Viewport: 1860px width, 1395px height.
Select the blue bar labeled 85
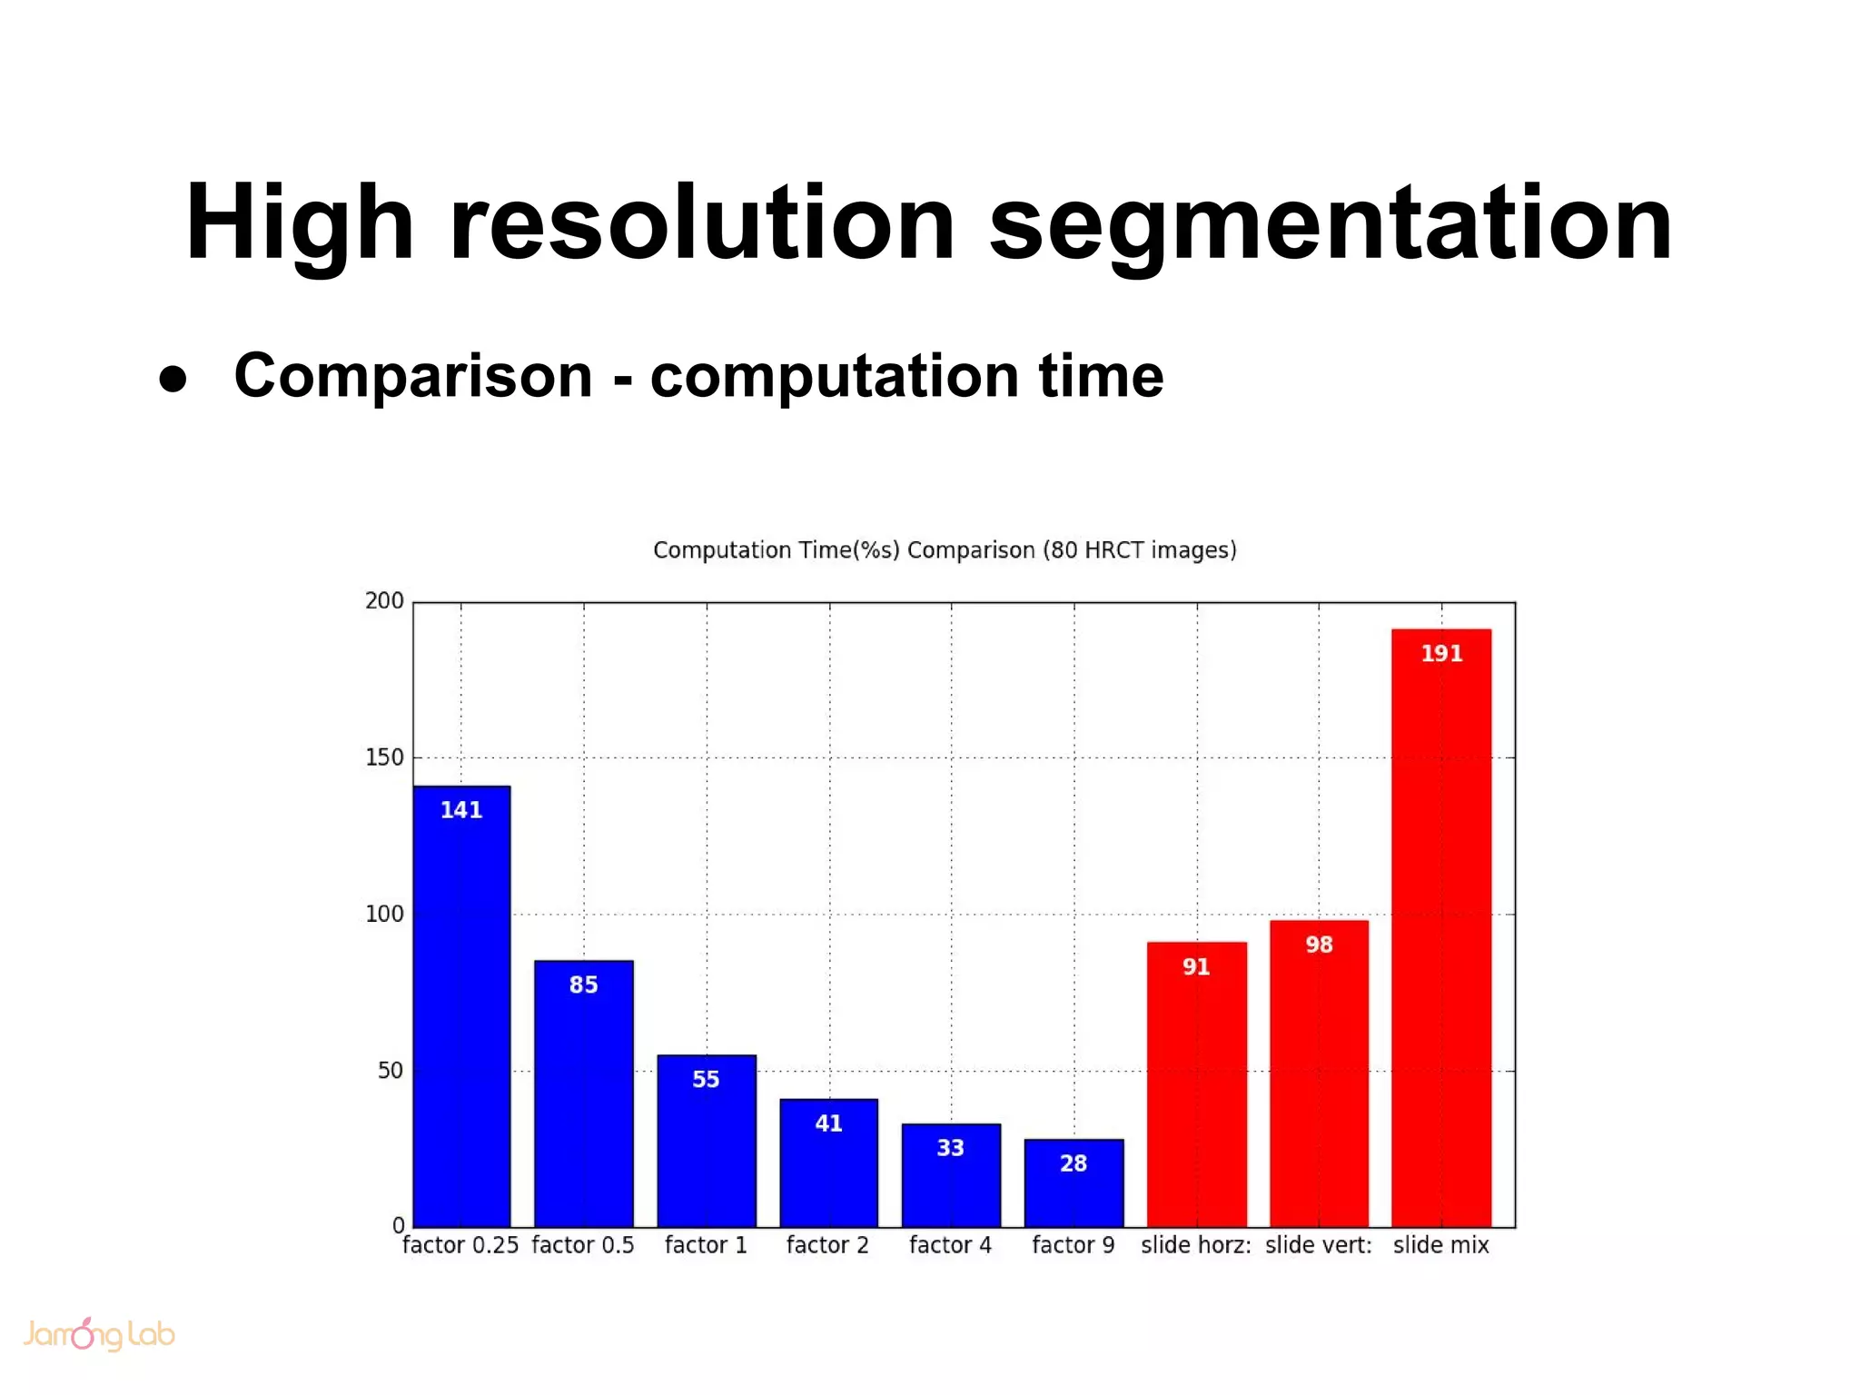pos(583,1099)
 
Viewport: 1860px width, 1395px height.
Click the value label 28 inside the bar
pos(1073,1163)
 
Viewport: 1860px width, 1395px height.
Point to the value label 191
pos(1441,654)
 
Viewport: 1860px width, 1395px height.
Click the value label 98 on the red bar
pos(1319,945)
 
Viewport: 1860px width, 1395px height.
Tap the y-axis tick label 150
pos(384,757)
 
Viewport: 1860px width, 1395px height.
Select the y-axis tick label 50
pos(391,1071)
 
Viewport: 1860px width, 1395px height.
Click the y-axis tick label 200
pos(384,600)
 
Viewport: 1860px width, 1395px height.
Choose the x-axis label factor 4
pos(950,1245)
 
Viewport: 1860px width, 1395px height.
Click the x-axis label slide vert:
pos(1319,1245)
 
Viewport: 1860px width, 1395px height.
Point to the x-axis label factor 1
pos(706,1245)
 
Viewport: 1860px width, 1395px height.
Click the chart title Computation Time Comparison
pos(945,550)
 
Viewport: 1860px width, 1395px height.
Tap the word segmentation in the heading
pos(1331,224)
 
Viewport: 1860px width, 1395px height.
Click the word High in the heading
pos(300,224)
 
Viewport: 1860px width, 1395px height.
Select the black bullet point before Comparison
pos(173,379)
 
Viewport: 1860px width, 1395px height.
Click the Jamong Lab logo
pos(98,1334)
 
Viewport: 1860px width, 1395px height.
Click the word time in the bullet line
pos(1101,376)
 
